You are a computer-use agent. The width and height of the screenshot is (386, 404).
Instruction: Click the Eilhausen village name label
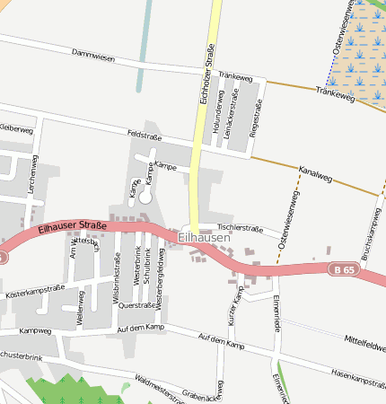pyautogui.click(x=204, y=238)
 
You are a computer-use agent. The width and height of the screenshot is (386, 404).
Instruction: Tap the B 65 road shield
pyautogui.click(x=342, y=268)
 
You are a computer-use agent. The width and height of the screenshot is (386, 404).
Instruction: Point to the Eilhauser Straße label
pyautogui.click(x=73, y=228)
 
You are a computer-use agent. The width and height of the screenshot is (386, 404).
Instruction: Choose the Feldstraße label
pyautogui.click(x=145, y=135)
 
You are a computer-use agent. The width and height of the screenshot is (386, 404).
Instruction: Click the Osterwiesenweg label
pyautogui.click(x=288, y=220)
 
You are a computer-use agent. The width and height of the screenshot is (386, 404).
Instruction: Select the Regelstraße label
pyautogui.click(x=259, y=118)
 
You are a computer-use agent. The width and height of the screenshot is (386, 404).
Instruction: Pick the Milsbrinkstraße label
pyautogui.click(x=118, y=274)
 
